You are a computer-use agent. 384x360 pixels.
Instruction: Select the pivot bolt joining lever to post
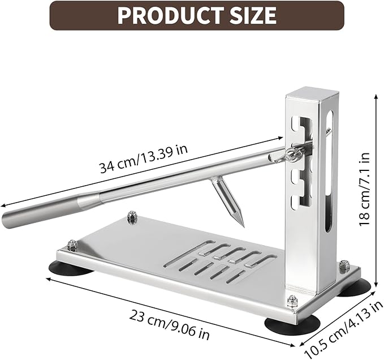click(292, 153)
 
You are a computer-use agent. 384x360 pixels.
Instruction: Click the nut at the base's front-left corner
click(72, 245)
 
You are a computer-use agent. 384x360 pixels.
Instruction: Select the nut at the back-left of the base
click(132, 217)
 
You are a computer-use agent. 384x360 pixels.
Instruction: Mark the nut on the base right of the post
click(343, 266)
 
